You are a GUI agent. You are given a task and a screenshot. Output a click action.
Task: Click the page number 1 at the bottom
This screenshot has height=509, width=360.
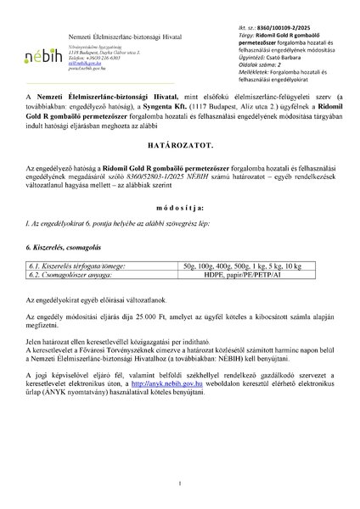point(180,483)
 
